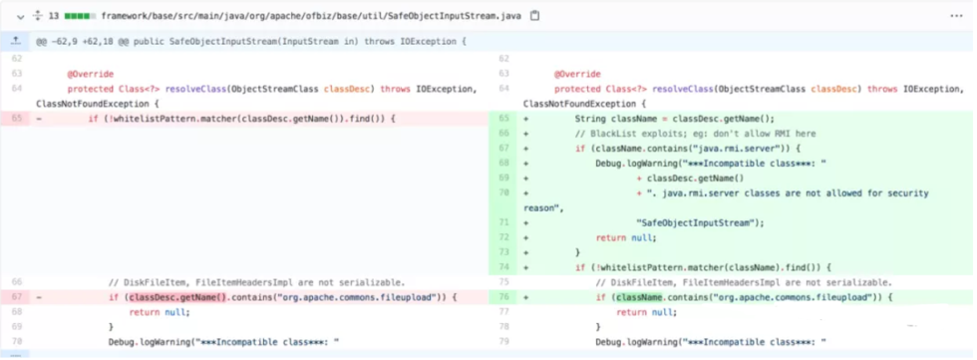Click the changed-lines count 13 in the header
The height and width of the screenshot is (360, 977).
[55, 16]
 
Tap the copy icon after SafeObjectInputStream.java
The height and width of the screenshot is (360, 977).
[535, 16]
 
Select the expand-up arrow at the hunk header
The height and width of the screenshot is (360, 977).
[15, 42]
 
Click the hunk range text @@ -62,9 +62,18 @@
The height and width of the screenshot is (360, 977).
[89, 42]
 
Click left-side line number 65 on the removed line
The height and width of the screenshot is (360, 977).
[16, 119]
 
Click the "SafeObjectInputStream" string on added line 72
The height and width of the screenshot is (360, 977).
[699, 222]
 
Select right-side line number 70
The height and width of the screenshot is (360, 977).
[503, 192]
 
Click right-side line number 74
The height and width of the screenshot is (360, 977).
[503, 267]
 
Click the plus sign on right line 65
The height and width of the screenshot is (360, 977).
[525, 119]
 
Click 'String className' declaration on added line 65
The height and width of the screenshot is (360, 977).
[620, 119]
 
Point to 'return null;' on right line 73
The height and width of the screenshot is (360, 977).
[626, 237]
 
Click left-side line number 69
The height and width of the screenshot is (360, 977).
[16, 327]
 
